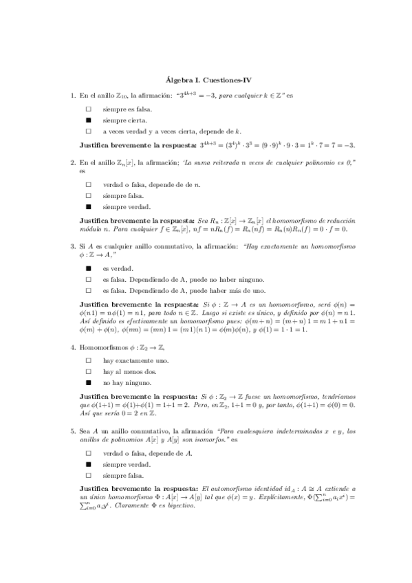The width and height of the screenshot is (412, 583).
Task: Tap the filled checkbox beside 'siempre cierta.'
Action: pyautogui.click(x=88, y=120)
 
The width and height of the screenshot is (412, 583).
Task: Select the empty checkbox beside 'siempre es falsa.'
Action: pyautogui.click(x=88, y=109)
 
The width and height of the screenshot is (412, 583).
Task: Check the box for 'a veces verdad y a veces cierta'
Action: pyautogui.click(x=88, y=131)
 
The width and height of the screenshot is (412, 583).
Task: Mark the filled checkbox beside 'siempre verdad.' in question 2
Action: pyautogui.click(x=88, y=206)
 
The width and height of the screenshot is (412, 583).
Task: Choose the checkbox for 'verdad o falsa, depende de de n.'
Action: pyautogui.click(x=88, y=184)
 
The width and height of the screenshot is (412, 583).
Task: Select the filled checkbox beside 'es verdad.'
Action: pyautogui.click(x=88, y=268)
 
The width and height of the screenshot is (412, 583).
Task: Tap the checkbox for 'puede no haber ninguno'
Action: pyautogui.click(x=88, y=279)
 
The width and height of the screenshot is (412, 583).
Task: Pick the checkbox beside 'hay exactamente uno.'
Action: pyautogui.click(x=88, y=360)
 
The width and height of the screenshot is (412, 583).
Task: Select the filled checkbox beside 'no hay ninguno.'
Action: pyautogui.click(x=88, y=382)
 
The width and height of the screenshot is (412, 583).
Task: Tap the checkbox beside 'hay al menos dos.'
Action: pyautogui.click(x=88, y=371)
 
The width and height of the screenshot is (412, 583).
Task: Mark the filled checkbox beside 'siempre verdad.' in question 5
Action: pyautogui.click(x=88, y=464)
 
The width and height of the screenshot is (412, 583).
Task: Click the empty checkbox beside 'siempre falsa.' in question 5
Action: pyautogui.click(x=88, y=475)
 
